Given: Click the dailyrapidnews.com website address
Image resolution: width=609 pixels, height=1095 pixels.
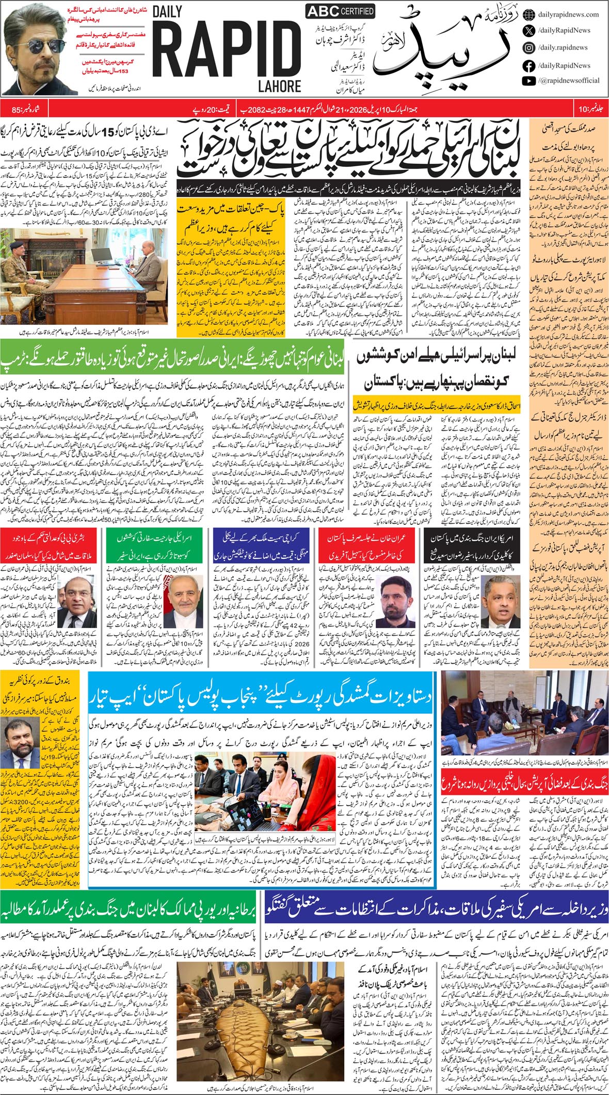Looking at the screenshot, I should click(568, 14).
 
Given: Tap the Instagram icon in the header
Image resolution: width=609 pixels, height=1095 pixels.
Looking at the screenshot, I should click(528, 48).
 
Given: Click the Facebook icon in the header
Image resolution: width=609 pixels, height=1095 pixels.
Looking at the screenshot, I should click(528, 66).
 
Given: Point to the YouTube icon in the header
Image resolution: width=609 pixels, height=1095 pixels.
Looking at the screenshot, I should click(528, 81).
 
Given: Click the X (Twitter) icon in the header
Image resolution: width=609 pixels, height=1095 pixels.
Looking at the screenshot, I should click(528, 30).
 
